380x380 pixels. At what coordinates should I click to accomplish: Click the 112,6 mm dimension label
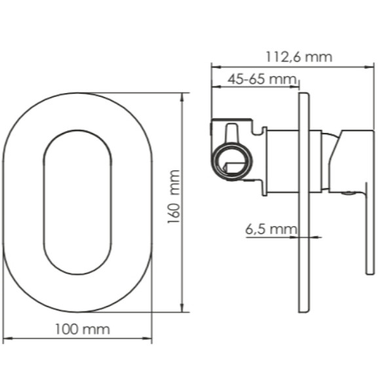pos(299,57)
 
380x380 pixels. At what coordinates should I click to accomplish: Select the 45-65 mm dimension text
pos(261,79)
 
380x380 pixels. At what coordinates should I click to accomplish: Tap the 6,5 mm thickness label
pos(271,229)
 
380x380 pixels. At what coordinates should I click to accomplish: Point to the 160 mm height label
pos(174,197)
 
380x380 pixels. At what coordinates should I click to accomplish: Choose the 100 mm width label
pos(83,329)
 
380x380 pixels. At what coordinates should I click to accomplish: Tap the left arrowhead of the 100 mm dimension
pos(7,338)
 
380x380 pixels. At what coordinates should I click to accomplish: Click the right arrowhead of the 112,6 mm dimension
pos(370,67)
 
